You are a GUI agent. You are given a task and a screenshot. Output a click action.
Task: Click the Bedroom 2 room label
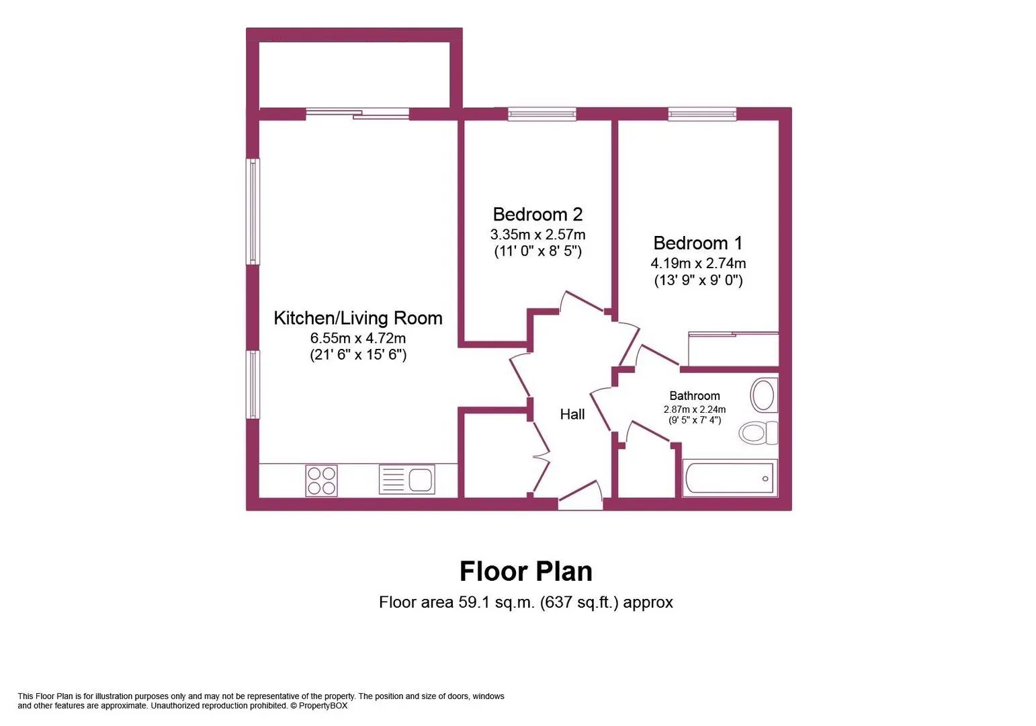[x=537, y=214]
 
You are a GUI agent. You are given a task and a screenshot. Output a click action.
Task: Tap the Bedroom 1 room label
[x=698, y=243]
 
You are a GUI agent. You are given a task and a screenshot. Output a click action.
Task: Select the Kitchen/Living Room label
[x=358, y=318]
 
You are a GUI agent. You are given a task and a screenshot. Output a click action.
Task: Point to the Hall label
[x=572, y=414]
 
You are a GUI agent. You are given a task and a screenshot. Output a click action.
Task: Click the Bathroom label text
[x=695, y=396]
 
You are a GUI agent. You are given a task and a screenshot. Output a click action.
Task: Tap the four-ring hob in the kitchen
[x=321, y=481]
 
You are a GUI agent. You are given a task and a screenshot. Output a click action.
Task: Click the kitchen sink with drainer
[x=406, y=479]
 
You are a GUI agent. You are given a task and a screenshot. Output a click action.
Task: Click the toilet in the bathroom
[x=759, y=433]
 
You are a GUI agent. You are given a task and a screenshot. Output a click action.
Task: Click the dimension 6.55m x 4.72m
[x=358, y=337]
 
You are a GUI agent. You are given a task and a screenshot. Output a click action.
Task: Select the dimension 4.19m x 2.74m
[x=698, y=264]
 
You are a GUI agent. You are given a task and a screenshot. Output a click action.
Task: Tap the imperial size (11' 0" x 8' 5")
[x=537, y=251]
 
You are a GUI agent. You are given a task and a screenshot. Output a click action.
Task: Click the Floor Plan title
[x=526, y=571]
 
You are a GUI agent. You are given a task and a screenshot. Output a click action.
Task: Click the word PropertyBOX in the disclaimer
[x=322, y=706]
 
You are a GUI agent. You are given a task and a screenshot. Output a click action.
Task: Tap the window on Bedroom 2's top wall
[x=542, y=114]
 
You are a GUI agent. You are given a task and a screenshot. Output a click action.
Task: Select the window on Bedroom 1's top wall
[x=702, y=114]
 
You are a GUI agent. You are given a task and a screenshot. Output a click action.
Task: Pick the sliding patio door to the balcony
[x=357, y=114]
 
